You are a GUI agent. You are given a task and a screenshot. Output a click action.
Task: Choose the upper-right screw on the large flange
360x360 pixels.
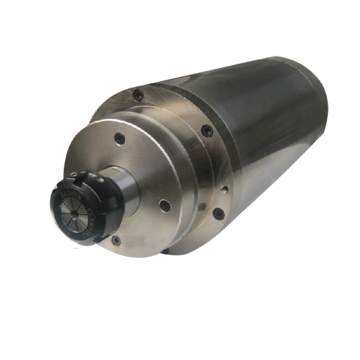click(x=207, y=130)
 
